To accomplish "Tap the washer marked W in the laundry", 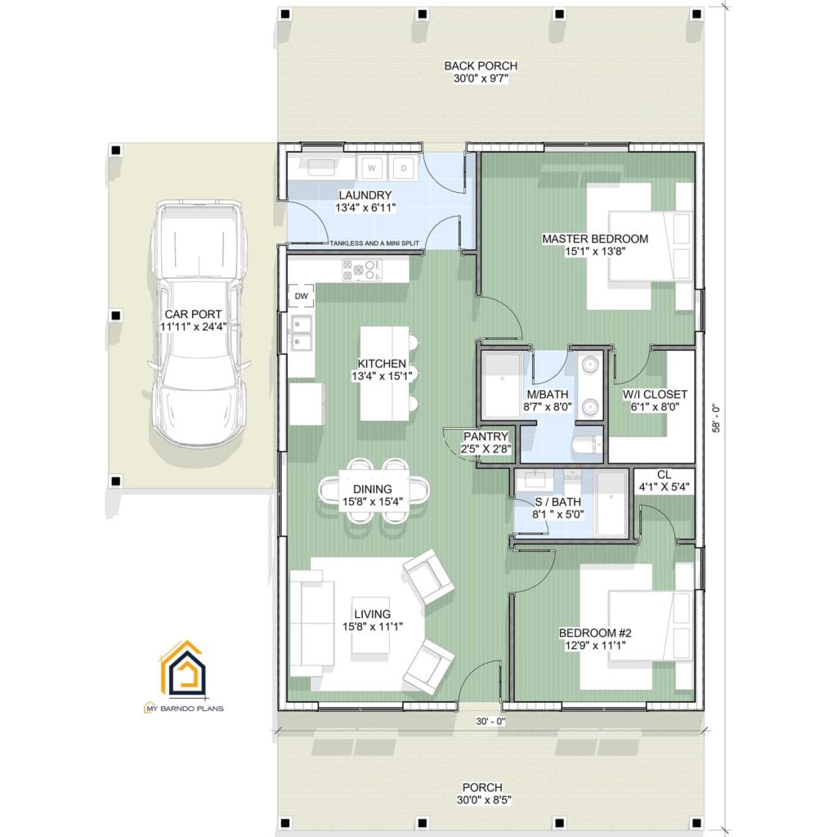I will pos(372,168).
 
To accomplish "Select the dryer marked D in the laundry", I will pos(402,168).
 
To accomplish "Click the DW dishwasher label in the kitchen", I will pos(300,295).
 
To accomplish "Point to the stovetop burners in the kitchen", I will pos(362,270).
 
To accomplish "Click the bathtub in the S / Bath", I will pos(611,504).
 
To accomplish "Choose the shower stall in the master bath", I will pos(499,384).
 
